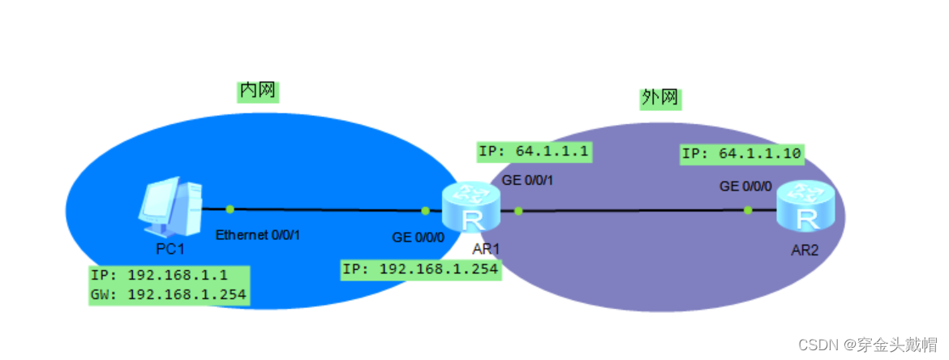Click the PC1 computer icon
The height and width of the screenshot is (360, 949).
(x=169, y=204)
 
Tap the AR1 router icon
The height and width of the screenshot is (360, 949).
(x=468, y=209)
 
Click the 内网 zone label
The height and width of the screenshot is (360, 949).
(x=258, y=91)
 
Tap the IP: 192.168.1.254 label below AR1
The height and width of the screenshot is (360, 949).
(x=420, y=269)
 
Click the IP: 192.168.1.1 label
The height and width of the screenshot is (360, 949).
(x=161, y=275)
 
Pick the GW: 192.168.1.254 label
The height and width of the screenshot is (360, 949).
(x=169, y=294)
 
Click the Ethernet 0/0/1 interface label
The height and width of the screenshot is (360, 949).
(x=258, y=235)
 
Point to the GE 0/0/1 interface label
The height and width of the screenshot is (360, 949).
(x=528, y=179)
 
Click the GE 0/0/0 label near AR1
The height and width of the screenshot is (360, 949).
(x=419, y=238)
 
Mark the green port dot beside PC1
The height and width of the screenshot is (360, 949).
(x=230, y=209)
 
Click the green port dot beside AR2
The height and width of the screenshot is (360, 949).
(x=748, y=210)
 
